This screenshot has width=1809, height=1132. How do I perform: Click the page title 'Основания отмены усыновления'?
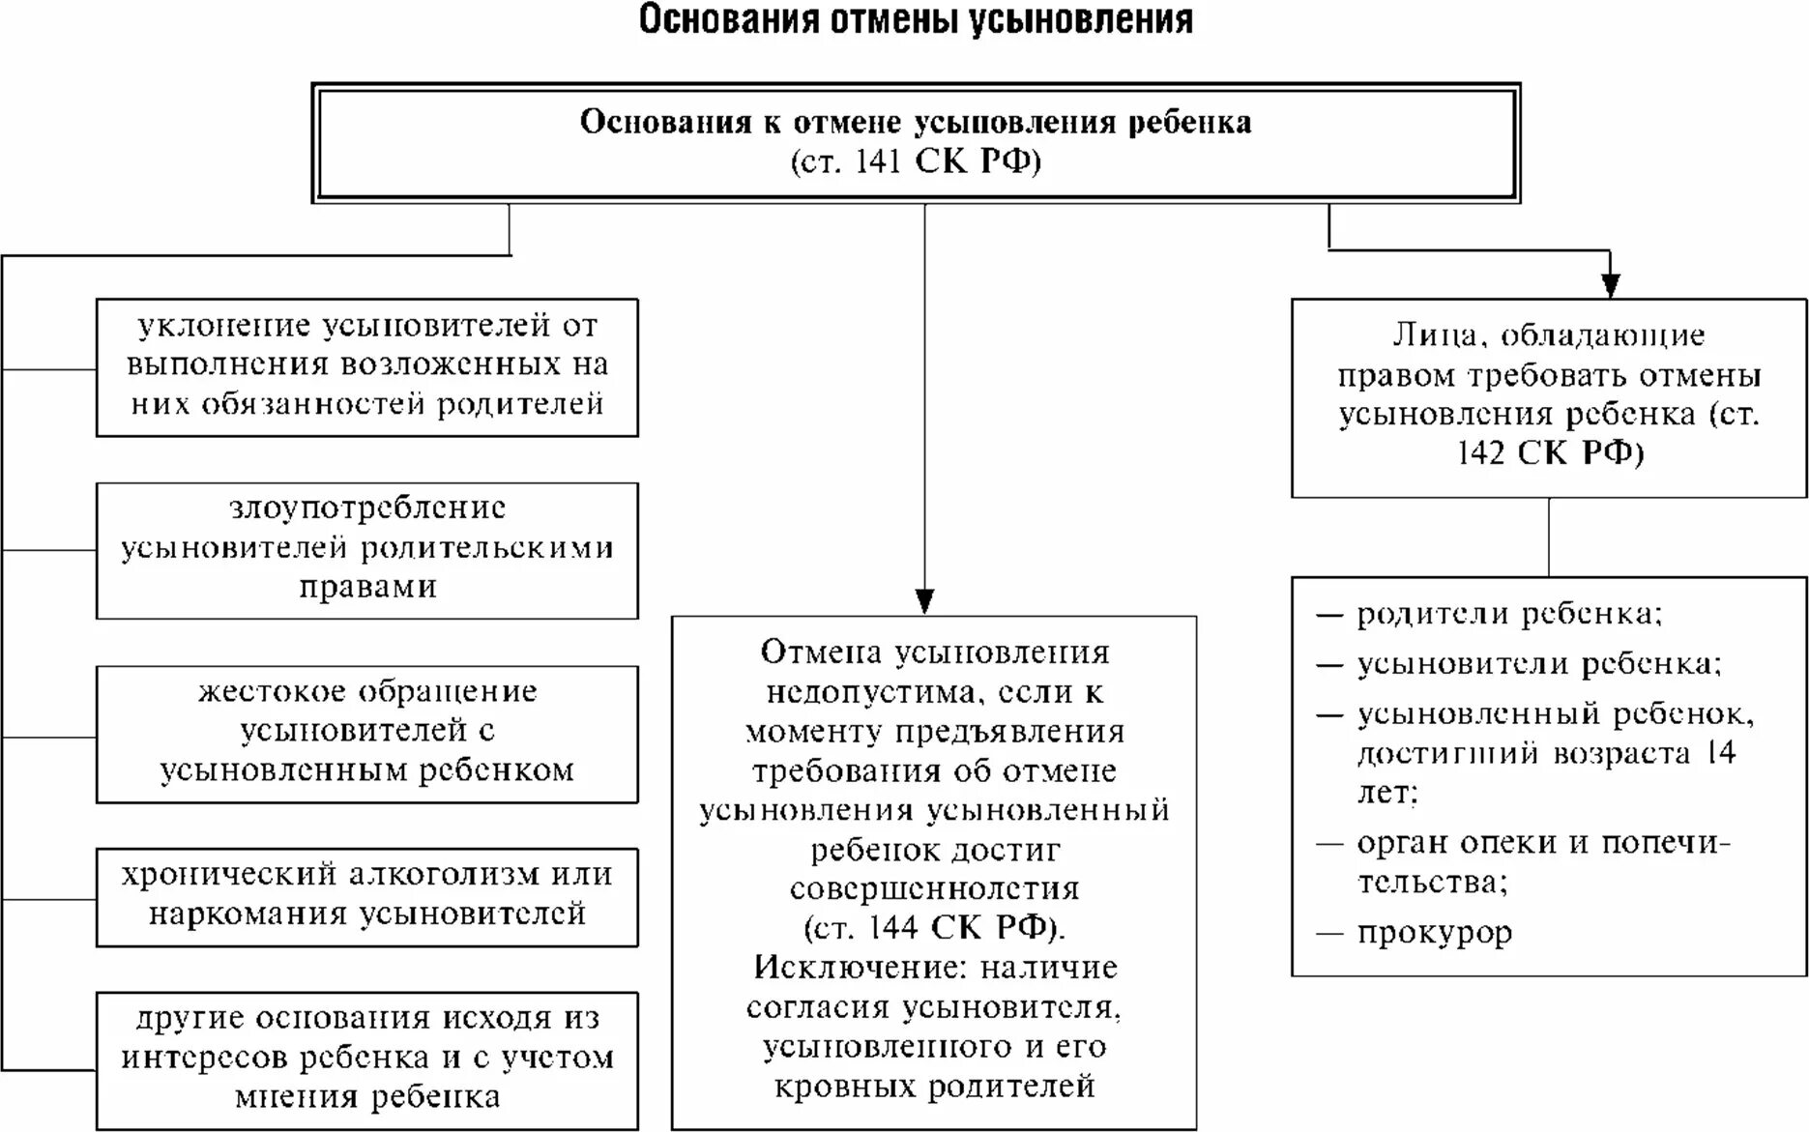[915, 20]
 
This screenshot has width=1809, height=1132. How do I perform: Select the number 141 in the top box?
[878, 161]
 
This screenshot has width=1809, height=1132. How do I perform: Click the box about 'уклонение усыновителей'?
[366, 366]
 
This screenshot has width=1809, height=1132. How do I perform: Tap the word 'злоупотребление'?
[367, 508]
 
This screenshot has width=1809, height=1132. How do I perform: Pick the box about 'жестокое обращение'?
[366, 733]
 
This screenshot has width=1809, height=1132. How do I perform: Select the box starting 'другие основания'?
[366, 1059]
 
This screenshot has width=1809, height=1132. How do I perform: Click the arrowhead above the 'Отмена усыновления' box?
[924, 600]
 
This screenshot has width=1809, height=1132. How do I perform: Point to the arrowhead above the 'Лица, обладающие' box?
[1610, 284]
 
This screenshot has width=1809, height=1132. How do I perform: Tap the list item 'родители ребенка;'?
[1508, 615]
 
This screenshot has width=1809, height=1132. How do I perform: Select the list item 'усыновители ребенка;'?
[1538, 665]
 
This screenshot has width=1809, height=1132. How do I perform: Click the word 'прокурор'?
[1435, 933]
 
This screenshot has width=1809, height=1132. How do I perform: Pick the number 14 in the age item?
[1720, 753]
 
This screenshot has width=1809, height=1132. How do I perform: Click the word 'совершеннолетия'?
[934, 888]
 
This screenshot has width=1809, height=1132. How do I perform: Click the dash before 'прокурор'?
[1330, 933]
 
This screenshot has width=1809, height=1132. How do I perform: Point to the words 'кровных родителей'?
[934, 1087]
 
